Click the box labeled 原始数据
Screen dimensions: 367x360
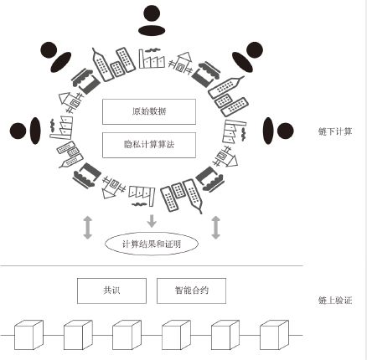click(x=149, y=111)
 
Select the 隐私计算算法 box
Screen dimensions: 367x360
click(x=149, y=145)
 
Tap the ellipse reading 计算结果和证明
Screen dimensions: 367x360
click(x=152, y=244)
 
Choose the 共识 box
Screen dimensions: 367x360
click(x=111, y=291)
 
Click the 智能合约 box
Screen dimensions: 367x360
click(x=191, y=291)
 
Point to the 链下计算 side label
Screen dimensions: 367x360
click(x=335, y=131)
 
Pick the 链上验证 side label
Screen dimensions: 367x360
click(x=335, y=301)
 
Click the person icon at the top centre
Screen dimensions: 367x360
click(x=152, y=21)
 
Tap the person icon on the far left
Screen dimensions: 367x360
click(x=25, y=131)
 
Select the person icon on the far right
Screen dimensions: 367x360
click(x=278, y=131)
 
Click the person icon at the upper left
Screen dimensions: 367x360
click(x=56, y=57)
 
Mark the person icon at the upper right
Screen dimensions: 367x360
click(x=247, y=57)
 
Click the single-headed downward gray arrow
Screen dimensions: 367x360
click(x=152, y=221)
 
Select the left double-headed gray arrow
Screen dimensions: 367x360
click(x=88, y=227)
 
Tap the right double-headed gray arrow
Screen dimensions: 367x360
click(x=215, y=227)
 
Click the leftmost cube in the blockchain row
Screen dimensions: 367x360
click(x=28, y=335)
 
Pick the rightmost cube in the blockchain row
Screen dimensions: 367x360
click(x=275, y=335)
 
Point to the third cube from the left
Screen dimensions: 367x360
click(x=127, y=335)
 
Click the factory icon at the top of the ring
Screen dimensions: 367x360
click(x=152, y=59)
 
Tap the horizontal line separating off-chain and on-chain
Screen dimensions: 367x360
click(x=152, y=266)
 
